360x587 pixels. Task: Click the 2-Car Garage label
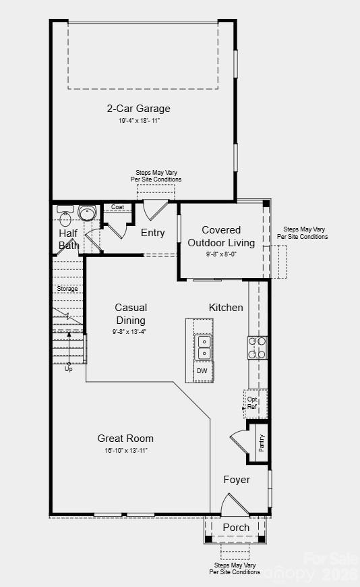138,108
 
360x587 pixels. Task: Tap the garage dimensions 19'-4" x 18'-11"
139,120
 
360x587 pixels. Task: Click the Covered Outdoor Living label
221,236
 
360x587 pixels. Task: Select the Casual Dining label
130,314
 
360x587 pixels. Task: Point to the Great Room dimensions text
125,450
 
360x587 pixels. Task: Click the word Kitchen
226,307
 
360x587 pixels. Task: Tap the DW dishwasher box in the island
202,371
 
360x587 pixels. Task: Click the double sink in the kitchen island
203,348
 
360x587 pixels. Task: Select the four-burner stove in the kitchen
257,347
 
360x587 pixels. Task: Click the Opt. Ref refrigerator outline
253,403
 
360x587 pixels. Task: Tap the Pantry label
261,443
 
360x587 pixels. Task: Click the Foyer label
236,480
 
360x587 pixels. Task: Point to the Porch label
236,527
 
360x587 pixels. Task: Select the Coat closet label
117,207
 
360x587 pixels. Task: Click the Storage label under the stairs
67,289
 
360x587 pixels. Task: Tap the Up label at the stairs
69,369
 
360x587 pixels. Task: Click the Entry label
152,233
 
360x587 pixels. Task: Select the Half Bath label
68,239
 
